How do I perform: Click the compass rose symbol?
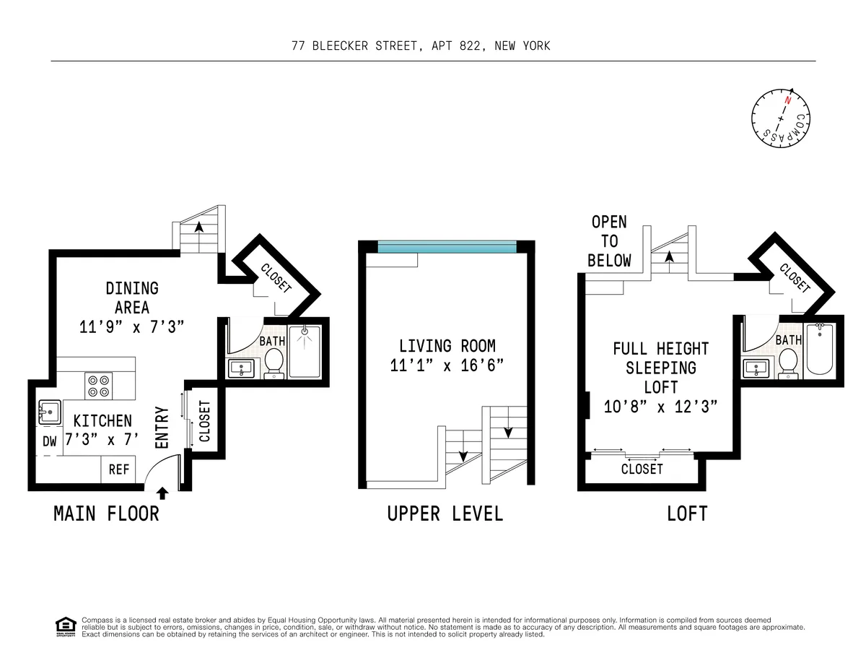781,117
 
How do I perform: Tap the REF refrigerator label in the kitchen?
119,469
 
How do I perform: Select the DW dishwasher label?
49,442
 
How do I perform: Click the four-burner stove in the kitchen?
99,384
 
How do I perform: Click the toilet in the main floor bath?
274,361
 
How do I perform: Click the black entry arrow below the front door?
162,493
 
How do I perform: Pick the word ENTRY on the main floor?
162,427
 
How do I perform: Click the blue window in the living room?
447,246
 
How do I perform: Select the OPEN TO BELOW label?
609,241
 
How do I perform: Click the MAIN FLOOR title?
106,514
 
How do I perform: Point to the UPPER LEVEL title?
445,514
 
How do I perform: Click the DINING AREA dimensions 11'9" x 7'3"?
132,326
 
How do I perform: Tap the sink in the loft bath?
756,368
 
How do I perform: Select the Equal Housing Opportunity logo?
65,625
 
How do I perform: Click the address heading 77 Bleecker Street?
421,46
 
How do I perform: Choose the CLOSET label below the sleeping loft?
642,469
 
